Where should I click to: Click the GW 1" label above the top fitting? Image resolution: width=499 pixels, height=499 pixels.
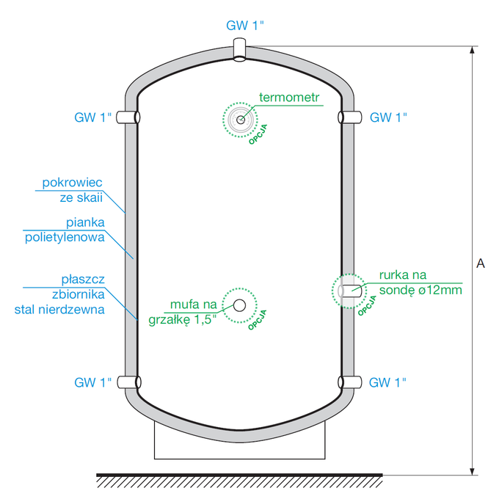point(244,26)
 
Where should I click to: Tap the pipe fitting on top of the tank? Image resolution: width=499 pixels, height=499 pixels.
point(239,50)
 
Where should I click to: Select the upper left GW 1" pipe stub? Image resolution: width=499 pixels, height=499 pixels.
point(128,117)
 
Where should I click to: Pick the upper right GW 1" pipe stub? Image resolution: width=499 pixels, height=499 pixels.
point(350,117)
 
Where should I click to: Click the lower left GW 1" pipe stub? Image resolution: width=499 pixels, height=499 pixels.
point(129,382)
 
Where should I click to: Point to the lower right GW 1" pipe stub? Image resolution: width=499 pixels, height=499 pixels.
point(350,382)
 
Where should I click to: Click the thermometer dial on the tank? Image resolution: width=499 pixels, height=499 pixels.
point(240,120)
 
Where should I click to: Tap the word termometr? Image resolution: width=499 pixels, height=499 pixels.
point(289,97)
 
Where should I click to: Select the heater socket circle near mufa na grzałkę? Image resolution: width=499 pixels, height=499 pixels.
point(239,305)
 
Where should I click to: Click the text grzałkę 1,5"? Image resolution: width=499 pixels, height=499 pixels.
point(182,320)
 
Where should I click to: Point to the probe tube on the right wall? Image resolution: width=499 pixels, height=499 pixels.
point(350,291)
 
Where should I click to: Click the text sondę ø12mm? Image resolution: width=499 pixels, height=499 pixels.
point(420,291)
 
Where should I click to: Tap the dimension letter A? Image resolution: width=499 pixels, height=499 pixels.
point(481,263)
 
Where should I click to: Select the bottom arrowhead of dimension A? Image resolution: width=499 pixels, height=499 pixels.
point(473,471)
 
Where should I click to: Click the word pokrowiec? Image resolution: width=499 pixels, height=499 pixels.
point(72,183)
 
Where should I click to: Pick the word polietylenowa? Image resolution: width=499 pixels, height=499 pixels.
point(65,238)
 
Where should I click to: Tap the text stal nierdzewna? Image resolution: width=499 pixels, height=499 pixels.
point(59,310)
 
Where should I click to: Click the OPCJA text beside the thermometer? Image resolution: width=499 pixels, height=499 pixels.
point(258,134)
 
